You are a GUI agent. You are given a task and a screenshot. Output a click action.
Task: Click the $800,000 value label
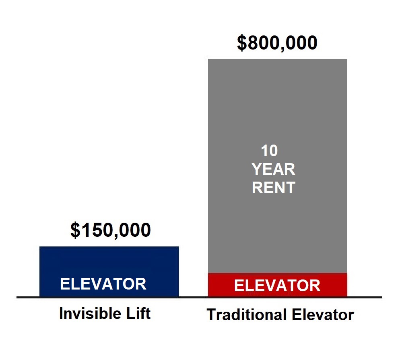click(x=277, y=43)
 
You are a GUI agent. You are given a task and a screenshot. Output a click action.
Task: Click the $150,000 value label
click(x=111, y=230)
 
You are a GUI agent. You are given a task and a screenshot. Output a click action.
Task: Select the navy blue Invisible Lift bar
click(x=109, y=272)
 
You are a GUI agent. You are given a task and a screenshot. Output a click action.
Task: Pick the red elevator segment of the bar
click(x=278, y=285)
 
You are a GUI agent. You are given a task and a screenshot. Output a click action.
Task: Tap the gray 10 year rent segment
click(x=278, y=166)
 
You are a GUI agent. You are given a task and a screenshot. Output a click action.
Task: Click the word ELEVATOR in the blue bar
click(x=103, y=284)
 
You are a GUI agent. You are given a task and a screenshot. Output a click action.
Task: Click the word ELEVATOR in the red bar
click(x=277, y=286)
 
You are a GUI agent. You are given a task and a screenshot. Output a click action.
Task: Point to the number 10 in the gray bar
click(x=269, y=151)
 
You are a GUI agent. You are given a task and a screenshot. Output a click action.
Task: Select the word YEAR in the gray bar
click(x=274, y=169)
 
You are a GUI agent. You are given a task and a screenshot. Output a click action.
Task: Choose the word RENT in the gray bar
click(x=274, y=188)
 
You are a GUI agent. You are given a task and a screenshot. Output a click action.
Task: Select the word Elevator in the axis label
click(x=323, y=314)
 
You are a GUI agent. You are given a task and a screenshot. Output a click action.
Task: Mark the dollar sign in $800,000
click(x=242, y=43)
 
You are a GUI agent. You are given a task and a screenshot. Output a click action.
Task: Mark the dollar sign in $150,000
click(x=75, y=230)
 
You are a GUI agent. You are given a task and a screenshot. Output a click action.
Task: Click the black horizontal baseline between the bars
click(x=194, y=298)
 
